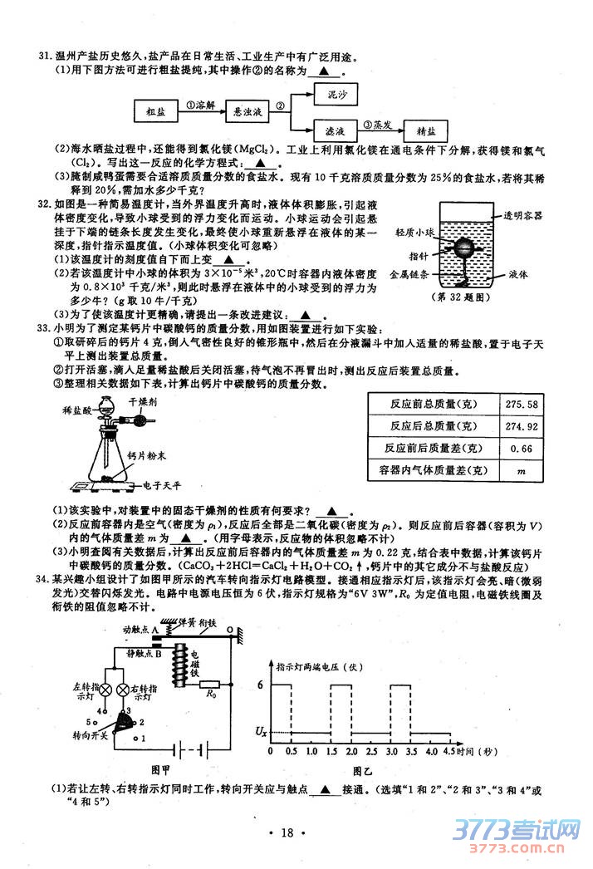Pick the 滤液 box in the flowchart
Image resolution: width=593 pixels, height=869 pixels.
click(336, 130)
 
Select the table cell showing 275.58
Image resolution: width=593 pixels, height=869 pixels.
click(521, 404)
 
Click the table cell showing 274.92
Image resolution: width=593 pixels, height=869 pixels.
click(521, 426)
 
